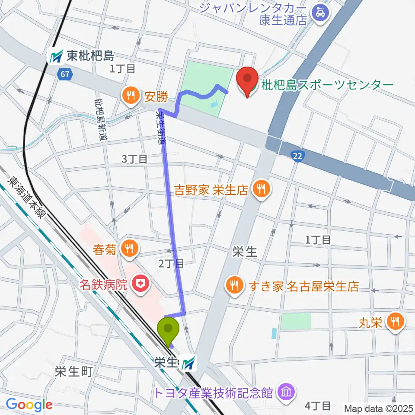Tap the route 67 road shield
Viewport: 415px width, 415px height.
64,75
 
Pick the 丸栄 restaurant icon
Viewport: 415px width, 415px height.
395,321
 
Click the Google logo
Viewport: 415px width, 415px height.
29,405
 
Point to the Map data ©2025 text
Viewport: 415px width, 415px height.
378,408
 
